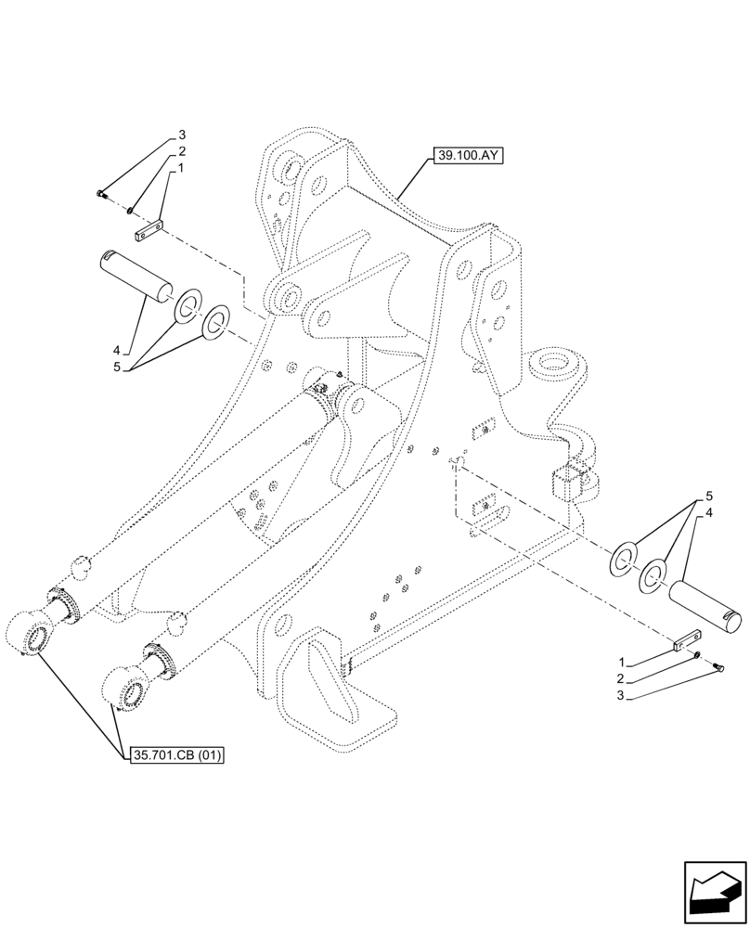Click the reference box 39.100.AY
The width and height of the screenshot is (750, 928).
pyautogui.click(x=466, y=156)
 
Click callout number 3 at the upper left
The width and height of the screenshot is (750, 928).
pyautogui.click(x=182, y=135)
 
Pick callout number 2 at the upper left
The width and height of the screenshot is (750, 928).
pyautogui.click(x=182, y=152)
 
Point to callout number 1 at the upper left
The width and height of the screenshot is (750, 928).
pyautogui.click(x=182, y=169)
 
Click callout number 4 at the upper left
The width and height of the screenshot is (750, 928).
pyautogui.click(x=117, y=351)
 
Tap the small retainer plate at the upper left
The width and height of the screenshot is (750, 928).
pyautogui.click(x=149, y=232)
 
